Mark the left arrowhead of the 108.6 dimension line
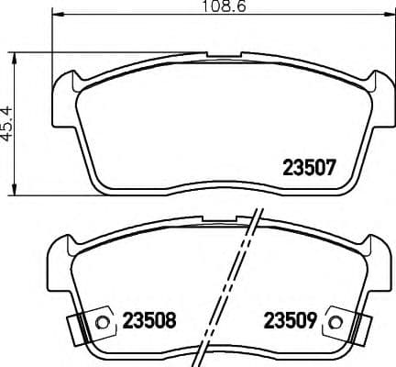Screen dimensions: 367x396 point(56,17)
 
